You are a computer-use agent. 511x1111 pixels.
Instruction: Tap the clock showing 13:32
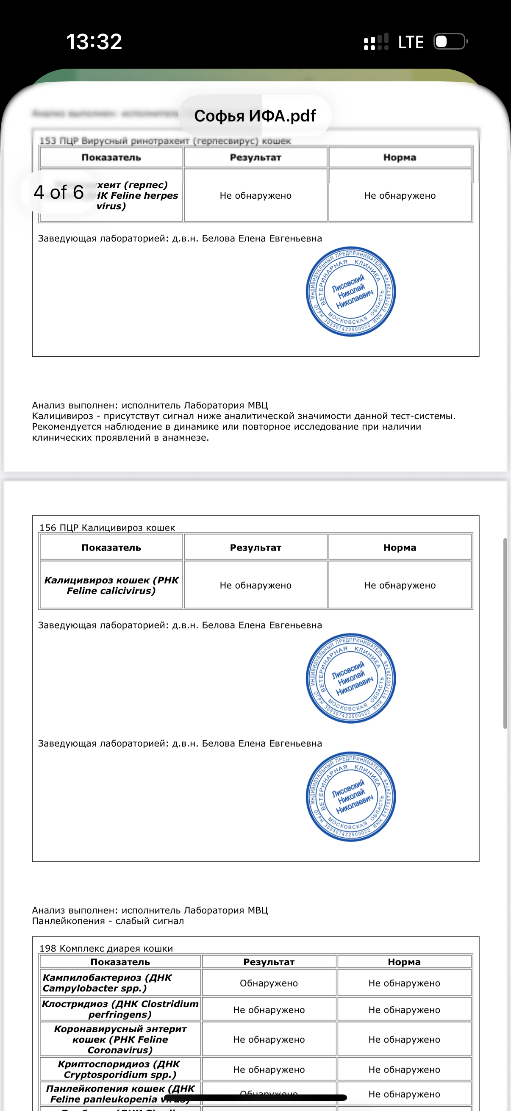coord(94,42)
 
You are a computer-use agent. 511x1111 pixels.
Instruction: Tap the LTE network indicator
coord(411,42)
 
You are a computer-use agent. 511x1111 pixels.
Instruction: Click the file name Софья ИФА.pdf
coord(255,116)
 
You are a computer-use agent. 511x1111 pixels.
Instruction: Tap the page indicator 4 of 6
coord(58,192)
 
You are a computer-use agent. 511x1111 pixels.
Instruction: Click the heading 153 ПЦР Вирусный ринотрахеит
coord(165,141)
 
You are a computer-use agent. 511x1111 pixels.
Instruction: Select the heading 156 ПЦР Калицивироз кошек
coord(107,528)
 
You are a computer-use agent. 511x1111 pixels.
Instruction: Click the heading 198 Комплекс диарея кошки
coord(106,948)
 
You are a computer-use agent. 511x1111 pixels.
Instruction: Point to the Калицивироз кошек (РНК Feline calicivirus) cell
coord(111,585)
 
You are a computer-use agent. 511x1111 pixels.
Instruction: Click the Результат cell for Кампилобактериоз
coord(269,983)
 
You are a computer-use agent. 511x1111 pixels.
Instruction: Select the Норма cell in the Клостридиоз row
coord(404,1010)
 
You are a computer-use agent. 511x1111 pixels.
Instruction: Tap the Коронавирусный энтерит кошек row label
coord(120,1039)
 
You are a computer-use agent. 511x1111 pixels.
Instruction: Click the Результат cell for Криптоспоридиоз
coord(269,1069)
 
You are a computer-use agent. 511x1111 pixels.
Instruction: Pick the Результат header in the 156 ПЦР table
coord(255,547)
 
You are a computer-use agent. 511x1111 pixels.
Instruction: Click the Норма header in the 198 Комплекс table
coord(404,962)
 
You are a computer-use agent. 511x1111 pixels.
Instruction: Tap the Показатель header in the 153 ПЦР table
coord(111,158)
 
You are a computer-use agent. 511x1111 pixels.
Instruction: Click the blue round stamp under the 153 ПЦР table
coord(350,292)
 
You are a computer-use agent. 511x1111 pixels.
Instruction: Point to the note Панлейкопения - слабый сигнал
coord(108,921)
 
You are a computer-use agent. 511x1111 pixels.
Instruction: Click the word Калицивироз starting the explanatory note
coord(63,416)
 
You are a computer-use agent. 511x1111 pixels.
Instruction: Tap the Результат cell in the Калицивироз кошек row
coord(255,585)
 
